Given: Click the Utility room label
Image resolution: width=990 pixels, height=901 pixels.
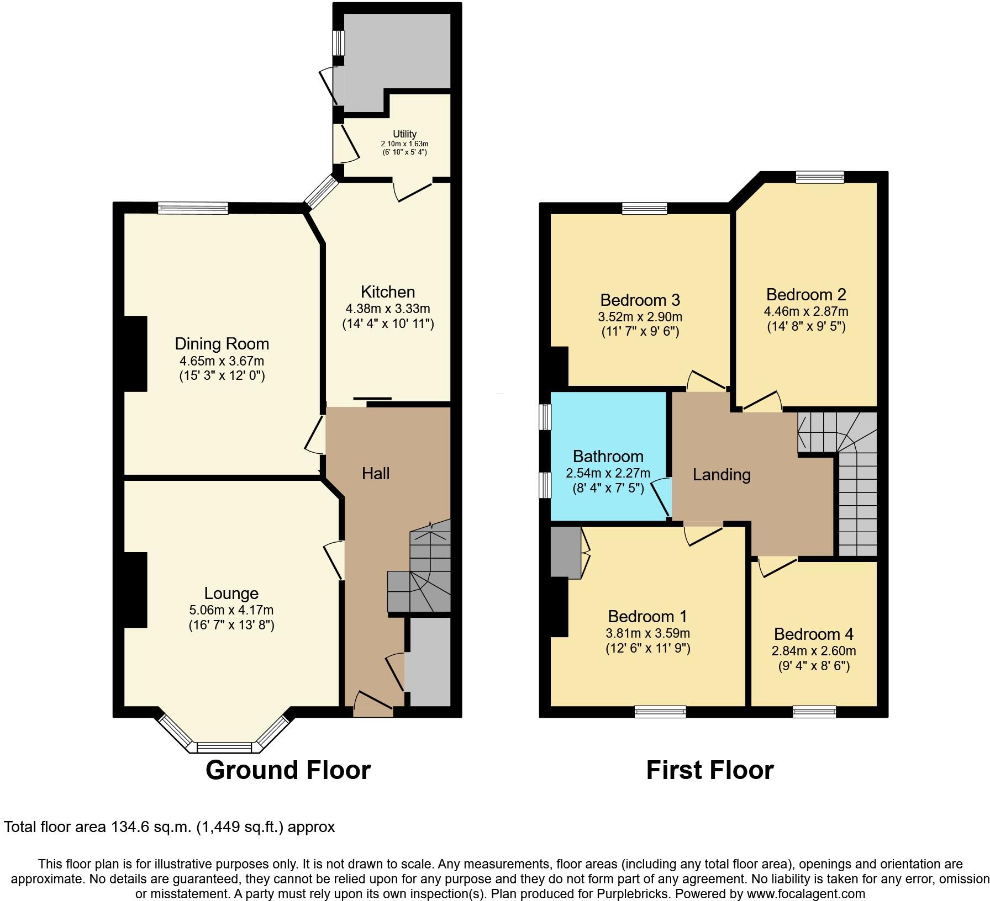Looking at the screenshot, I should [404, 134].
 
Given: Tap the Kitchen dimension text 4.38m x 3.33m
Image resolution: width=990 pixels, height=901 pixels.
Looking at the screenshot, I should [387, 309].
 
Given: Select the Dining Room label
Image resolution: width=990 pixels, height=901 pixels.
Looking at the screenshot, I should [222, 344].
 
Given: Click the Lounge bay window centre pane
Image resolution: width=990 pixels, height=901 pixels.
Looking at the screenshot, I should [224, 748].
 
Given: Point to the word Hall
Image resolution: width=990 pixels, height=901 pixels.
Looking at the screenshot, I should [376, 473].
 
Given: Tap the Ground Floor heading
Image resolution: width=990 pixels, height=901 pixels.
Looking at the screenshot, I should [288, 770].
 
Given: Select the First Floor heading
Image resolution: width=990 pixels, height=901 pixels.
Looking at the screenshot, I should [709, 770].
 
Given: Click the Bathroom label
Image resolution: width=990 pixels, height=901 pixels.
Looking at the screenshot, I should [608, 457].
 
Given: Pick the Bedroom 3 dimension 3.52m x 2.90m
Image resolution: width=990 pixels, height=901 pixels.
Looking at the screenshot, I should [640, 317].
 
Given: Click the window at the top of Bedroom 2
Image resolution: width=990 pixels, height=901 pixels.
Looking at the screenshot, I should [820, 177].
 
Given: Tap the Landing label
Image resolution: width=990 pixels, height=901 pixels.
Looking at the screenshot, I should [721, 475].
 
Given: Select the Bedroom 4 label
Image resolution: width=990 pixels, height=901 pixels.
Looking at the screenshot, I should [813, 634].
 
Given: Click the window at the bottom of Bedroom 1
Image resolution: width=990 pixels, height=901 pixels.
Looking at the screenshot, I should [660, 712].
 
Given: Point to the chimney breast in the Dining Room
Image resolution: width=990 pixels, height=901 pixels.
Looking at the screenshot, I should [135, 354].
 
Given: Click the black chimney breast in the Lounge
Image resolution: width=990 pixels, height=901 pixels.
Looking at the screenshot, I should [135, 590].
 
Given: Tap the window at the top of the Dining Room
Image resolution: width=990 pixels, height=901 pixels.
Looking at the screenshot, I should [192, 208].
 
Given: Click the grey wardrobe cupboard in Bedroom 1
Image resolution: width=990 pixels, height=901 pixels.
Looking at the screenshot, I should [565, 553].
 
